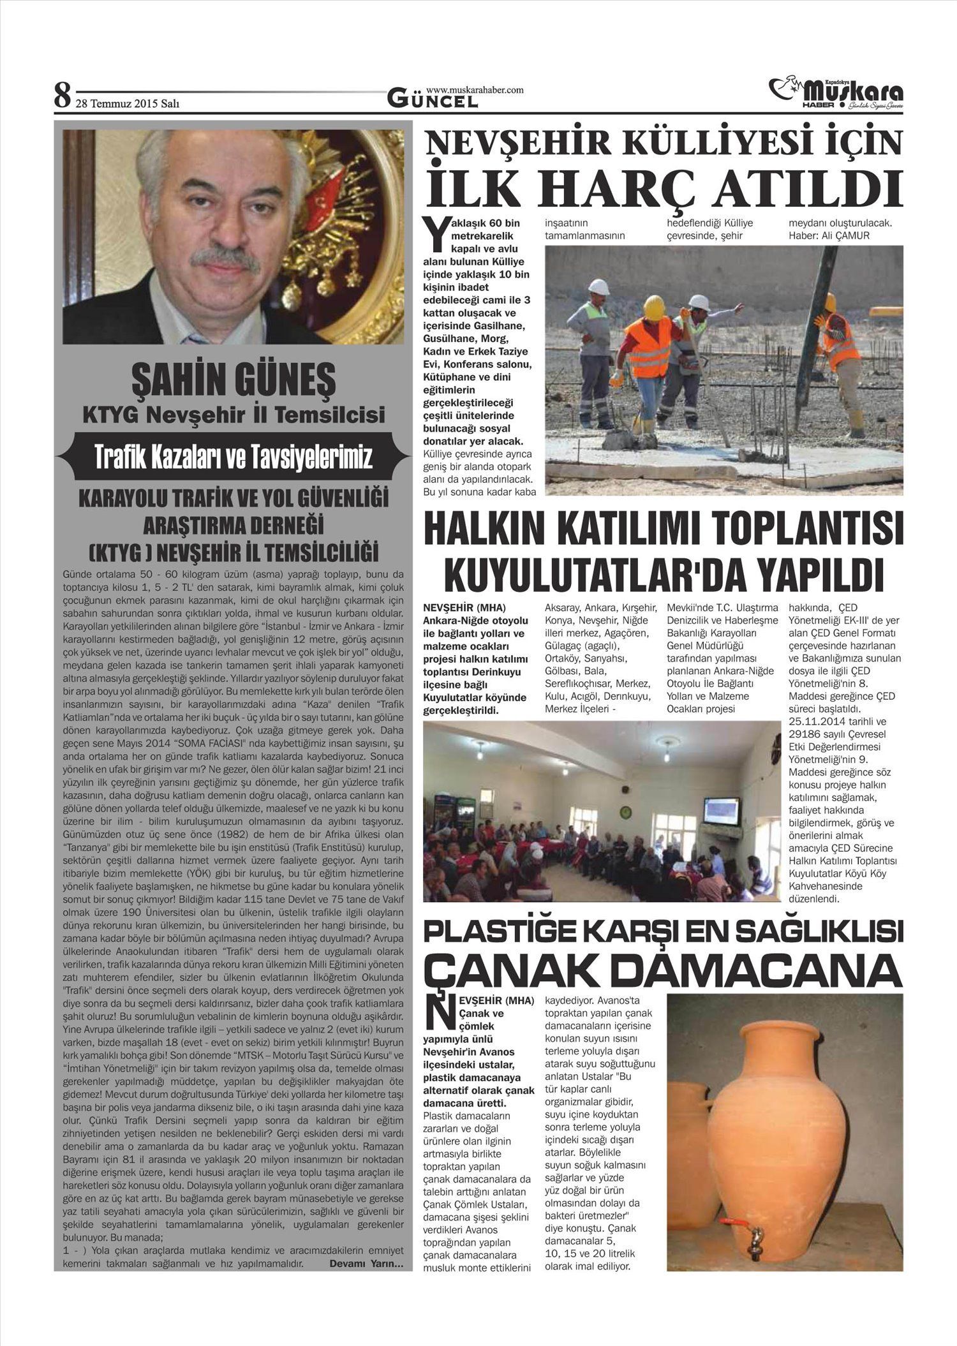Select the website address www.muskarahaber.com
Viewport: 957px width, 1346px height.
[x=475, y=90]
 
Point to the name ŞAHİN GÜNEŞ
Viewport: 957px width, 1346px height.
[x=233, y=380]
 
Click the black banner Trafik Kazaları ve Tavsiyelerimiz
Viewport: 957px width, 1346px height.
[x=233, y=457]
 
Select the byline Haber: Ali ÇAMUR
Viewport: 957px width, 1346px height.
[x=829, y=236]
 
